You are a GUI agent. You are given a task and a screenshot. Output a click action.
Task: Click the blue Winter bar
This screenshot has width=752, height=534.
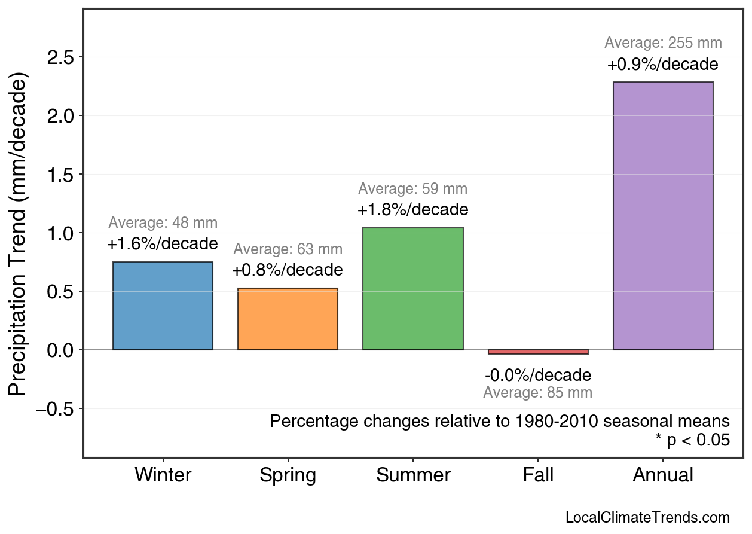pos(163,306)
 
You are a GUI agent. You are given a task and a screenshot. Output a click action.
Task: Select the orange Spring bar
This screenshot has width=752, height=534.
pos(288,319)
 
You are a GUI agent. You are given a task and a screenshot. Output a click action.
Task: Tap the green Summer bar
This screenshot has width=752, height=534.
pos(412,289)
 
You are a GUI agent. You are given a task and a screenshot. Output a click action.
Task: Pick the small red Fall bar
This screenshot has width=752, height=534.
pos(538,352)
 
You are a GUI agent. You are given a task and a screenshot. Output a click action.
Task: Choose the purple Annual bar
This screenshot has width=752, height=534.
pos(663,216)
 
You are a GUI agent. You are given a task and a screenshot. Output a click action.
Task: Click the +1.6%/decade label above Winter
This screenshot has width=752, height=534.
pos(163,244)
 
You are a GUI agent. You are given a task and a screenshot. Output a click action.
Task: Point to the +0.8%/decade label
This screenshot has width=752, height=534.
pos(288,270)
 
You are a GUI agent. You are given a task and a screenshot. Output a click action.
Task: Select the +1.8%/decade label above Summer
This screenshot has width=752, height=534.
pos(412,210)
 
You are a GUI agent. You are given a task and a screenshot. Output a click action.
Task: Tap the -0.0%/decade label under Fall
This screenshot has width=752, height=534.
pos(538,376)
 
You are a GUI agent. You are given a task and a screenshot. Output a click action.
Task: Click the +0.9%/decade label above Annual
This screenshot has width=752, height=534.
pos(663,65)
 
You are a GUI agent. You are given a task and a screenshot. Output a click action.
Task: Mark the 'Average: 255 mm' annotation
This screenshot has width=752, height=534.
pos(663,43)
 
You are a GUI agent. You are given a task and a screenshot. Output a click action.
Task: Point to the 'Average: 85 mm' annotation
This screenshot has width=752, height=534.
pos(538,393)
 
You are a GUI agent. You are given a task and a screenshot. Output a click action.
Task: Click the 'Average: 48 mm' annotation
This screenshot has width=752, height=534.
pos(163,223)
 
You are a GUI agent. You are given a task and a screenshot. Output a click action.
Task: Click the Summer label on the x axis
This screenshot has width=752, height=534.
pos(413,475)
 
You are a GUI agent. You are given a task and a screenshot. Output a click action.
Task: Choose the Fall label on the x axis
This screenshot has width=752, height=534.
pos(538,475)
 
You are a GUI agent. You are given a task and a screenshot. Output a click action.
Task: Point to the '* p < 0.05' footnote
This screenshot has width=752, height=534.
pos(692,440)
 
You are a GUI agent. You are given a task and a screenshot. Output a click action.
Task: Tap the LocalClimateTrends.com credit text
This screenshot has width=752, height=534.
pos(647,517)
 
